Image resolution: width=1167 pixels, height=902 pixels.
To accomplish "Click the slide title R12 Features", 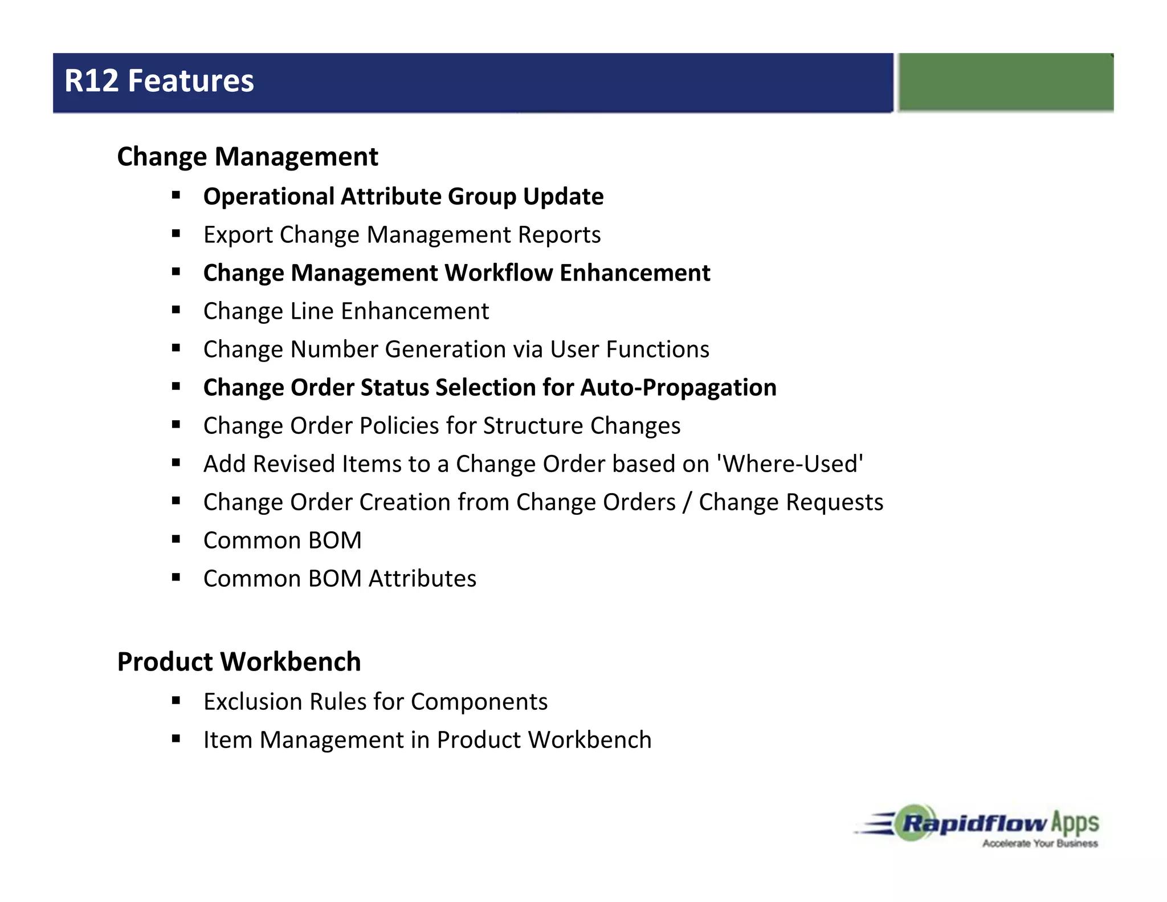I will coord(159,81).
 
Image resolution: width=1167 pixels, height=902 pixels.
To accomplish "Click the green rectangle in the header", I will coord(1006,82).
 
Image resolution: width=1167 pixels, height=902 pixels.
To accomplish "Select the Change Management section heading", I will coord(247,157).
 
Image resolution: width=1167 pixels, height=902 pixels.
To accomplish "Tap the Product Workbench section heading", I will coord(239,662).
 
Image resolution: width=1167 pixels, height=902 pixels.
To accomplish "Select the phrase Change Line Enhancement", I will coord(346,311).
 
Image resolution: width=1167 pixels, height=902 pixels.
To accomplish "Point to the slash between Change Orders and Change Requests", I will coord(687,502).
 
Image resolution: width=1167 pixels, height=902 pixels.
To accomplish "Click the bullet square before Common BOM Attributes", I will coord(176,578).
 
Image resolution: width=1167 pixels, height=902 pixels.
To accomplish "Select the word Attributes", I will coord(422,579).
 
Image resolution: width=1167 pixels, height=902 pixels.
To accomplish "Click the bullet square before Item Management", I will coord(176,739).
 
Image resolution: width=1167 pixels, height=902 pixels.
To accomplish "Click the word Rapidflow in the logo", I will coord(974,823).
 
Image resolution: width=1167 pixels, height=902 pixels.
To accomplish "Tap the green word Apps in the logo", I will coord(1075,823).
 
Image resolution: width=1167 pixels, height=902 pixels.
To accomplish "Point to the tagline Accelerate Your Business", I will coord(1040,843).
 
